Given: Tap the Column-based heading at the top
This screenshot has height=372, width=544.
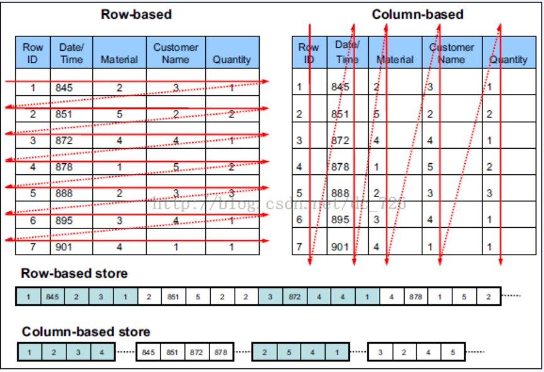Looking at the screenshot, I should coord(417,14).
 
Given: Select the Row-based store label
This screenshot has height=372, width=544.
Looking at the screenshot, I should coord(74,274).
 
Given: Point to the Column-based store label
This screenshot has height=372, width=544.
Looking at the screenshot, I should coord(86,331).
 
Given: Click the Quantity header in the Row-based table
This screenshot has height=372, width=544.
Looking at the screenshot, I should coord(232,60).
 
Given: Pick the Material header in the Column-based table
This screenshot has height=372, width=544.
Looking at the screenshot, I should coord(395,60).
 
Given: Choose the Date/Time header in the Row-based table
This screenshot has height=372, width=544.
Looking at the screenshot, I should coord(71,53).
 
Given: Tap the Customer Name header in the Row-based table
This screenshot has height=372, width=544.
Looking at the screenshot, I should coord(176,53).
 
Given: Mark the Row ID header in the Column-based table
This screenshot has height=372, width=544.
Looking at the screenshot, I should coord(309,53).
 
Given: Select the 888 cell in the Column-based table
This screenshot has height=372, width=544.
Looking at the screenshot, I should coord(340,193).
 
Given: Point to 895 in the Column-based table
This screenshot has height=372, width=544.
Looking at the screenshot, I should coord(340,220).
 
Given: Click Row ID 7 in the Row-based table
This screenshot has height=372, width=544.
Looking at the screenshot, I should coord(32,247).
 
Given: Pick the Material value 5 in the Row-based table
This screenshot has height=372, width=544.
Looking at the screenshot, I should coord(119,114).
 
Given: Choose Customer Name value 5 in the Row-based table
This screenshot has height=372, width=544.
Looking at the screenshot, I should coord(176,167).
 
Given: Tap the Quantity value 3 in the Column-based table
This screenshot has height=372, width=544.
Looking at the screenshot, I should coord(489,193).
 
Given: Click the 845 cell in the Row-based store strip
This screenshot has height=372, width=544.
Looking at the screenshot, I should coord(52,297).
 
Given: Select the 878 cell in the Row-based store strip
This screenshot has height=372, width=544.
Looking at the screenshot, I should coord(415,297).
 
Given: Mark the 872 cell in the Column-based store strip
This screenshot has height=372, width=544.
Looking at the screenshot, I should coord(196,353).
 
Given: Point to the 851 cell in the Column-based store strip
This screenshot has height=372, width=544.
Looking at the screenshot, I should coord(173,353).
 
